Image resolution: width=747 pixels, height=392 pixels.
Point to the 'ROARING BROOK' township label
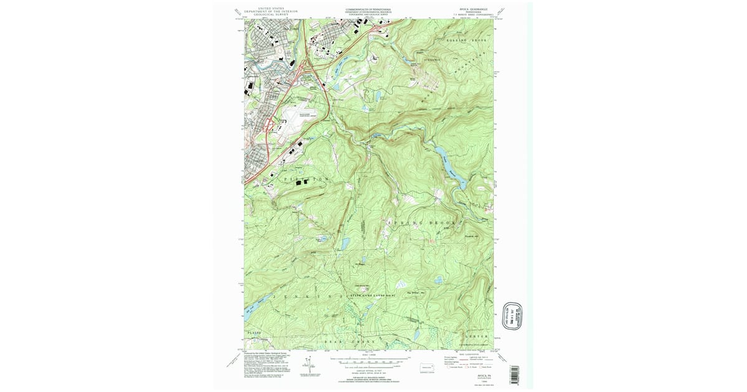(x=465, y=39)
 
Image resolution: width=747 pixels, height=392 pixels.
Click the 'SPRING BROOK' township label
(x=423, y=222)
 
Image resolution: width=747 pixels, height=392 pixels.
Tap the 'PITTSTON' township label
(x=305, y=179)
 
